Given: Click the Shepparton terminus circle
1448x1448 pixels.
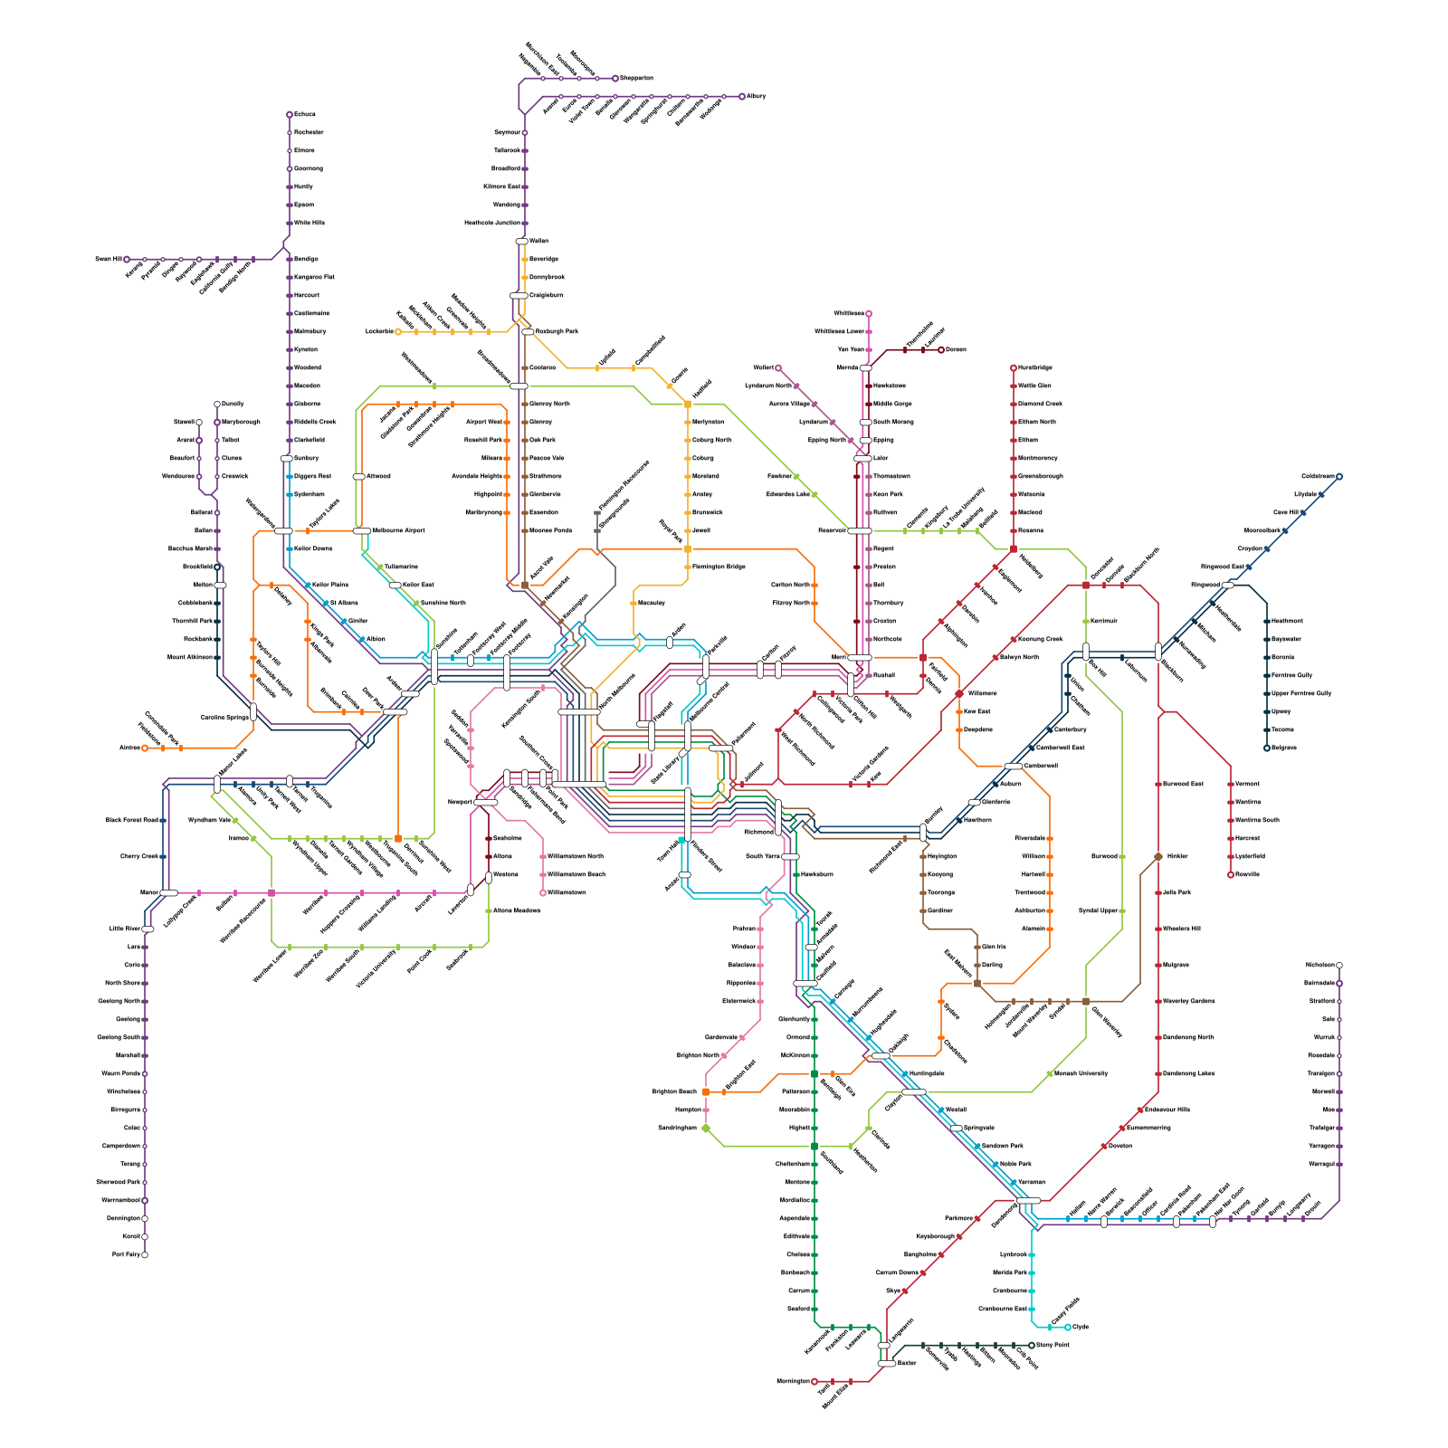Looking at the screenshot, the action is [615, 79].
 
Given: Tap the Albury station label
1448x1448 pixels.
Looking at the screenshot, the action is [757, 96].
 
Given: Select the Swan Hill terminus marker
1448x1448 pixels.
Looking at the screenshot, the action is [127, 260].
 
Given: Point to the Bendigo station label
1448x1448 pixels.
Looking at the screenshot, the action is [306, 259].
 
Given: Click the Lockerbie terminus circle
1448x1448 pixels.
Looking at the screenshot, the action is [398, 332].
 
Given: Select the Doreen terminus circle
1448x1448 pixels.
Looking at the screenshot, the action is [941, 350].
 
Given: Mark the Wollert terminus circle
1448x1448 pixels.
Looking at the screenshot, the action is [778, 368].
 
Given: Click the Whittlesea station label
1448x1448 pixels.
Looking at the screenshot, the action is [848, 313].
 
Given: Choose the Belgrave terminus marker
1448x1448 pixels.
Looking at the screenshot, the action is [1267, 748].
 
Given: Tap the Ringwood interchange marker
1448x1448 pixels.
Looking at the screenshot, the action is [1228, 586].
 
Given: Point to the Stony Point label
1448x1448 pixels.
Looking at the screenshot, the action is [1053, 1345].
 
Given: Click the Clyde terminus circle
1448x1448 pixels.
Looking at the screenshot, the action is [1068, 1328].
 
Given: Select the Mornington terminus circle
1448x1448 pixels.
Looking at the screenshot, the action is [814, 1382].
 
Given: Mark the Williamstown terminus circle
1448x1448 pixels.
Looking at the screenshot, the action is [543, 893].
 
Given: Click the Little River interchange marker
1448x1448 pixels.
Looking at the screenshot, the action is [148, 929].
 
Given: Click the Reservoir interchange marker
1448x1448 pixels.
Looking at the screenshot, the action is [859, 531].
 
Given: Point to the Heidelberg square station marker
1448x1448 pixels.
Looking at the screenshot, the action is [1014, 549].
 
